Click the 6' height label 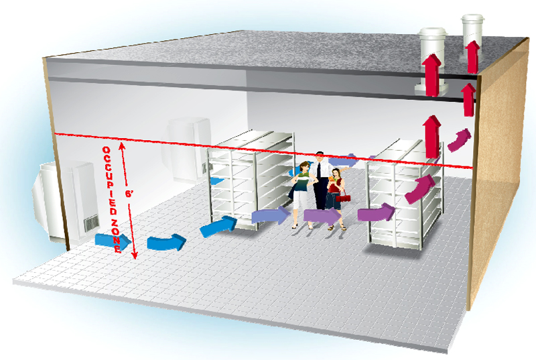(x=129, y=194)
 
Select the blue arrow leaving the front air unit (x=113, y=241)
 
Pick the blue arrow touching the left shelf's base (x=218, y=226)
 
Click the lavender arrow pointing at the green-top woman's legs (x=271, y=215)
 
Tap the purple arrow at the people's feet (x=322, y=216)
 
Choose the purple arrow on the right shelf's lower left (x=376, y=213)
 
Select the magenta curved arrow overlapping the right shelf (x=419, y=189)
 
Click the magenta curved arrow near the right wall (x=459, y=140)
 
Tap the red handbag (x=343, y=198)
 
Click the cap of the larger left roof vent (x=433, y=32)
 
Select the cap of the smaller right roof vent (x=473, y=18)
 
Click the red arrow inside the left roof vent (x=432, y=75)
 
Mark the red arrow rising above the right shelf (x=432, y=137)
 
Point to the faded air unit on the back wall (x=188, y=150)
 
